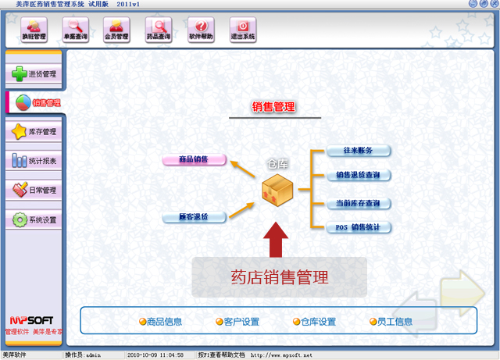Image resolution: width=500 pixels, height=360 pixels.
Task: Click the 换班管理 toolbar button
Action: click(34, 30)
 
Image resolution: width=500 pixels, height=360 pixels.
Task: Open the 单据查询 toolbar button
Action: click(76, 30)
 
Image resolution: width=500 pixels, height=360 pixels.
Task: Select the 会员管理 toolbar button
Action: click(118, 30)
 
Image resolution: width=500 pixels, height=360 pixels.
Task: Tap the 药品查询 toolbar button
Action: click(159, 30)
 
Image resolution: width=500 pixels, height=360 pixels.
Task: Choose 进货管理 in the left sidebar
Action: click(34, 74)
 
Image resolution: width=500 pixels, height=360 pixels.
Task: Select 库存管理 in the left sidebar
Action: click(34, 132)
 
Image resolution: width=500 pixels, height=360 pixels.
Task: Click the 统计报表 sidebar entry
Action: click(34, 161)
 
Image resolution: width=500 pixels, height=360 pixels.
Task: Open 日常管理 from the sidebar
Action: click(34, 190)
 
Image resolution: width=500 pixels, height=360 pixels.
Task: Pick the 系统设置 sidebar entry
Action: click(34, 219)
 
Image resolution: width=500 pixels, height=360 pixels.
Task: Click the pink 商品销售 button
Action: click(194, 159)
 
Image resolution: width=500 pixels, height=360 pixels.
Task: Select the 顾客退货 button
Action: click(194, 216)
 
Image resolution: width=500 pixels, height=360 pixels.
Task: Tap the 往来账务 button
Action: click(358, 151)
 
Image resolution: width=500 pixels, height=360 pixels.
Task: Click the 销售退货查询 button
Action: click(358, 175)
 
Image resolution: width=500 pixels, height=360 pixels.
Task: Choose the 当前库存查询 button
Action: click(358, 203)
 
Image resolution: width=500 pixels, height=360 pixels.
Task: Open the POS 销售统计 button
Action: click(358, 227)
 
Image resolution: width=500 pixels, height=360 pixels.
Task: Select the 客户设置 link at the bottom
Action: click(237, 322)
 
